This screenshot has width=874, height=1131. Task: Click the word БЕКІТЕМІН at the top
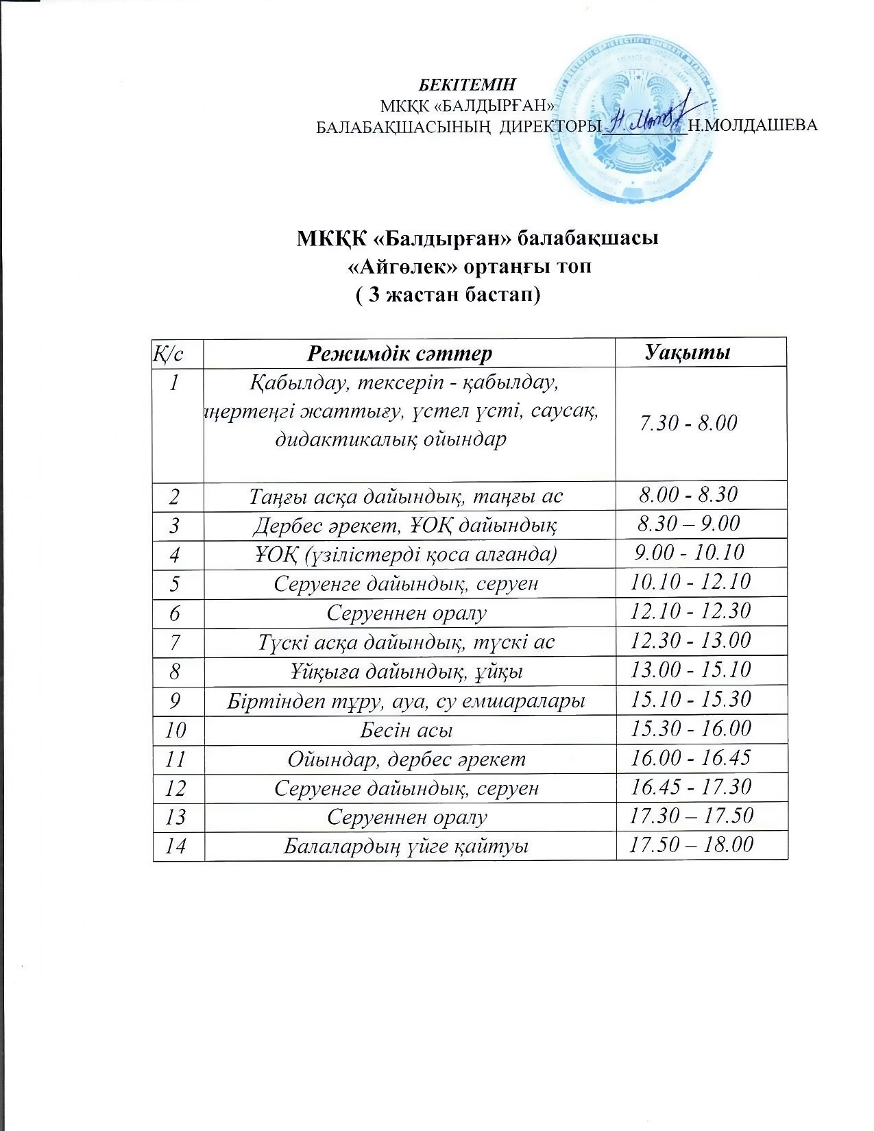pyautogui.click(x=467, y=85)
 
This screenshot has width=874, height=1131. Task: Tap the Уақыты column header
pyautogui.click(x=688, y=352)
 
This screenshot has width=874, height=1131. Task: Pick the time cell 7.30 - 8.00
pyautogui.click(x=688, y=423)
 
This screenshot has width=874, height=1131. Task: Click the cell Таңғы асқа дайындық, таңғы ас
pyautogui.click(x=406, y=495)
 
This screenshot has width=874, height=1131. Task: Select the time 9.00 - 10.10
pyautogui.click(x=690, y=552)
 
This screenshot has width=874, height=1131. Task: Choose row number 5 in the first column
pyautogui.click(x=175, y=583)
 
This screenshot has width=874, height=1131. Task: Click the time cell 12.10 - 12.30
pyautogui.click(x=691, y=611)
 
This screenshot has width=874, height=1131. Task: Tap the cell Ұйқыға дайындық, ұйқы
pyautogui.click(x=405, y=670)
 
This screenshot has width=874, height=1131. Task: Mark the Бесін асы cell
pyautogui.click(x=406, y=729)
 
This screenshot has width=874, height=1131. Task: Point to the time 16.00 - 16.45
pyautogui.click(x=691, y=757)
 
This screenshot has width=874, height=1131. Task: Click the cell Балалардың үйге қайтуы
pyautogui.click(x=406, y=846)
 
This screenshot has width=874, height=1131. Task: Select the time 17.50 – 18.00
pyautogui.click(x=691, y=844)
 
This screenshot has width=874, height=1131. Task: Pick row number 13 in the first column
pyautogui.click(x=175, y=816)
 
